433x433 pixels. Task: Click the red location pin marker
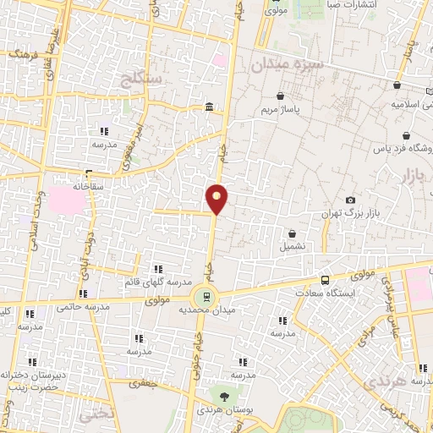[217, 197]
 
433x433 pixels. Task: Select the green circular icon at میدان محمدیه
[203, 297]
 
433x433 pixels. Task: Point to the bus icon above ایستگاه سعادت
[326, 280]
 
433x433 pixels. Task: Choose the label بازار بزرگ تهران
[346, 216]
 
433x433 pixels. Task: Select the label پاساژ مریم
[280, 110]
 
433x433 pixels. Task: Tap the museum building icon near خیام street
[209, 106]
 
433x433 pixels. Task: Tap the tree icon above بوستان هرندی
[224, 394]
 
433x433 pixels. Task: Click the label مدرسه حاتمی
[79, 307]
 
